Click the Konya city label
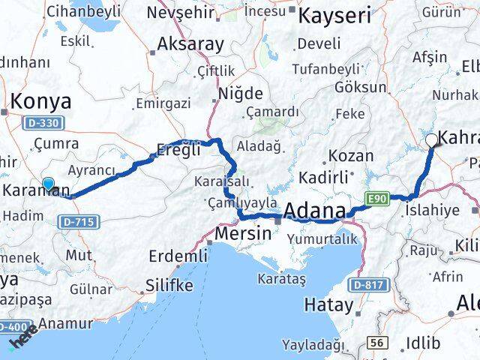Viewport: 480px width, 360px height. (40, 101)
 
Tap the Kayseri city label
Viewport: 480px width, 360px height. (335, 14)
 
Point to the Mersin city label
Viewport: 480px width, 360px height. (243, 233)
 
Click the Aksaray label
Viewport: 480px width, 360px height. (190, 44)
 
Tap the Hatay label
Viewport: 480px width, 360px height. (328, 304)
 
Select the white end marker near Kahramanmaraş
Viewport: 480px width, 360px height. (431, 139)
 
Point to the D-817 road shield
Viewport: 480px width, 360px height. (367, 285)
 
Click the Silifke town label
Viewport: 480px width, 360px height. (169, 286)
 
